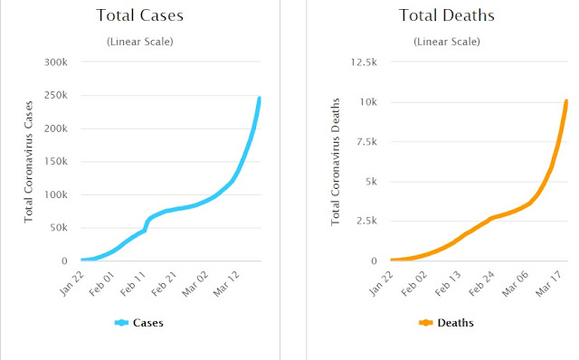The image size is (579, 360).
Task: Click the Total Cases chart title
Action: (x=140, y=15)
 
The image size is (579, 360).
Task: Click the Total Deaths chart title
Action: (x=446, y=15)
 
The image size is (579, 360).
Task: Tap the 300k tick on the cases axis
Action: (x=56, y=62)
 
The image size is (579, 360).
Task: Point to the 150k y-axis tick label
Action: (x=56, y=161)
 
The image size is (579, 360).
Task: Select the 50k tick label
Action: (x=59, y=227)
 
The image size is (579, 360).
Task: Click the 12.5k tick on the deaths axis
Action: (x=364, y=62)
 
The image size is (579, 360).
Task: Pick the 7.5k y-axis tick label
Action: (x=366, y=142)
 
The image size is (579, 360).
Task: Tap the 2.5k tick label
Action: (x=366, y=221)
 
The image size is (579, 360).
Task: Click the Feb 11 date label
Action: (x=133, y=284)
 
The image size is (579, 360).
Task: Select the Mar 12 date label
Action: (x=226, y=284)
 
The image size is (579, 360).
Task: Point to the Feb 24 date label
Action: (x=481, y=284)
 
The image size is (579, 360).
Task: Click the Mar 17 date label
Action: (x=549, y=284)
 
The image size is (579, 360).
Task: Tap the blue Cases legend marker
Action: (x=121, y=323)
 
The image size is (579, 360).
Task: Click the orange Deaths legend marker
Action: (x=426, y=323)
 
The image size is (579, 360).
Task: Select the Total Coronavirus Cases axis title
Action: (x=28, y=162)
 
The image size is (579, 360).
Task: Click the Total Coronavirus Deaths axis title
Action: (x=336, y=162)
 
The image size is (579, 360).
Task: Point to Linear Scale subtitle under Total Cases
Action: (x=140, y=42)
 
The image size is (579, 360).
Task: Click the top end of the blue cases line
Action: (x=259, y=99)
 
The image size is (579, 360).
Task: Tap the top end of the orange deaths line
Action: (x=566, y=100)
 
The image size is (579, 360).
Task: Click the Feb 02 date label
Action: (x=414, y=284)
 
